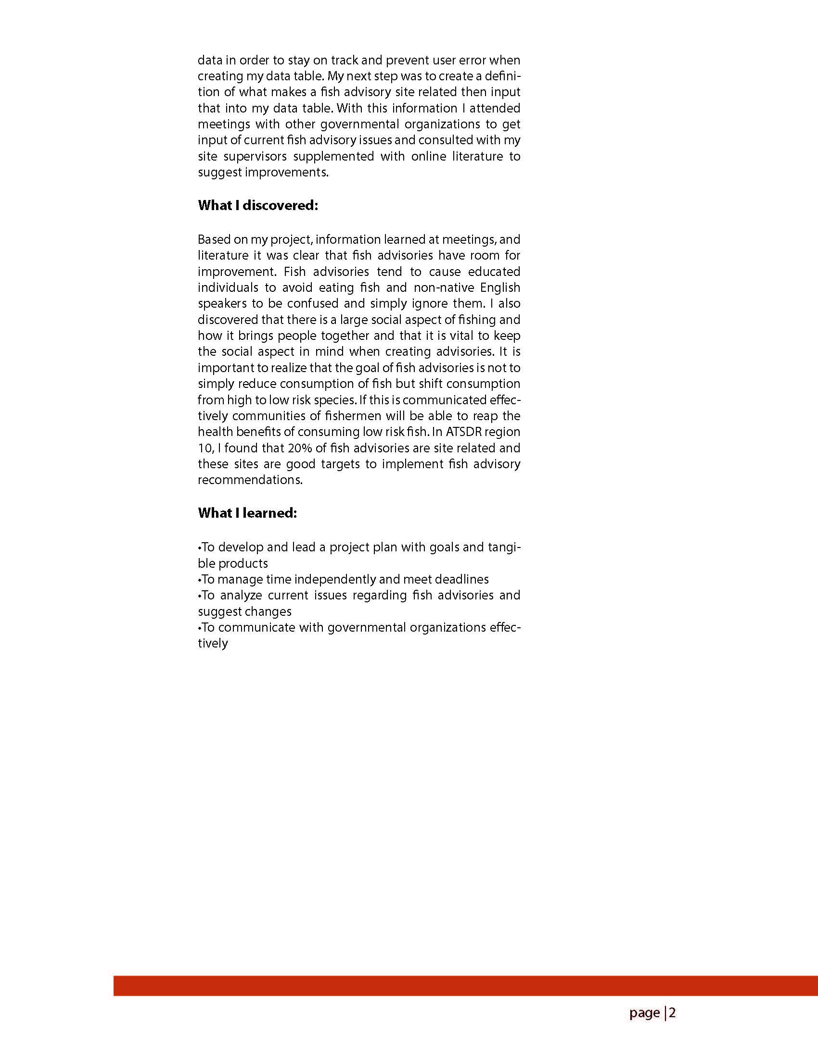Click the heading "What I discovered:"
click(x=257, y=205)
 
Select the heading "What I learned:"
click(x=247, y=512)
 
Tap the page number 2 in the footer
click(x=673, y=1012)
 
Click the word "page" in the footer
click(x=644, y=1013)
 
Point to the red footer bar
click(x=465, y=985)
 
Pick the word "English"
click(x=500, y=287)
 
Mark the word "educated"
click(x=494, y=271)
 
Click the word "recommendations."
click(x=250, y=480)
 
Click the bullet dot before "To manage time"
click(x=199, y=579)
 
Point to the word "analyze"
click(x=241, y=595)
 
